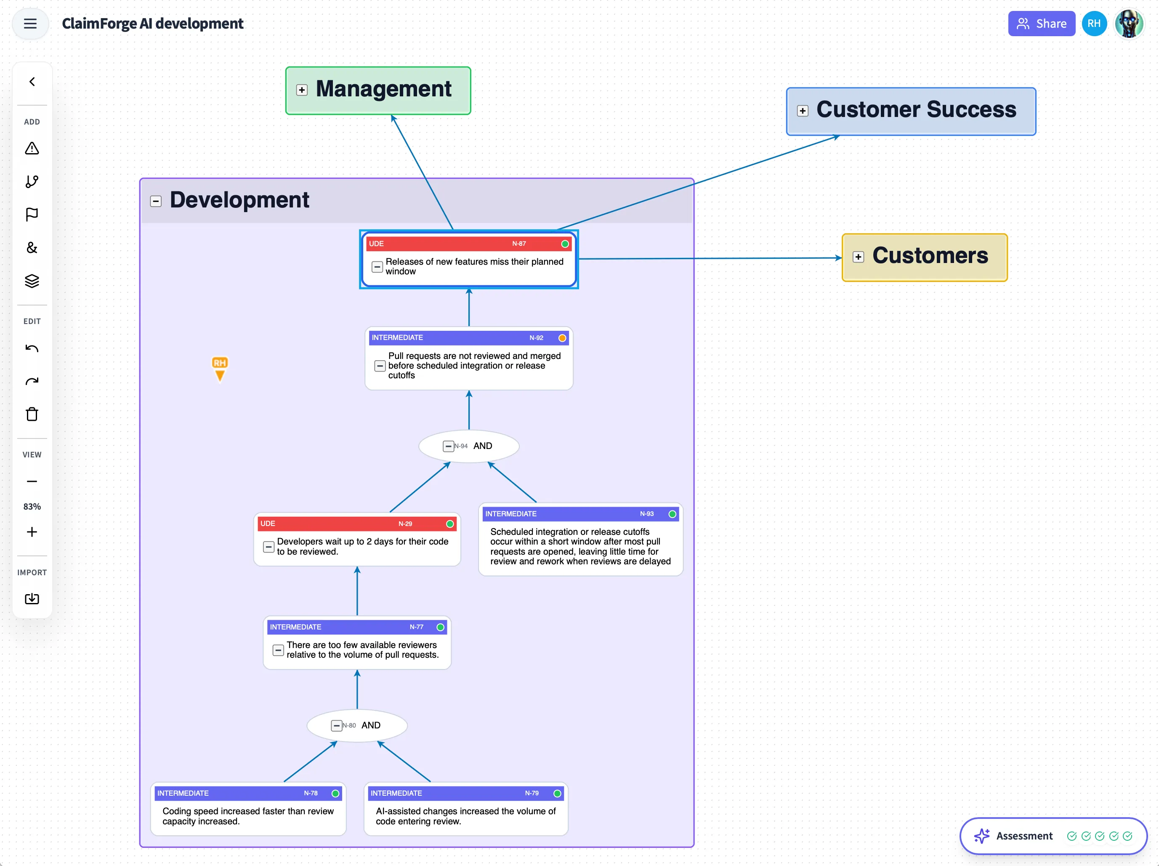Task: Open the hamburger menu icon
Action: pos(30,24)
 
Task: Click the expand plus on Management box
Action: pos(302,90)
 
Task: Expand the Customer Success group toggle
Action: pos(802,111)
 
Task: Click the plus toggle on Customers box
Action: pos(858,257)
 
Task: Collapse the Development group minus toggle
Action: pos(156,201)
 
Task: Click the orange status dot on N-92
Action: pos(562,338)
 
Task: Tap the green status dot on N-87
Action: pos(565,244)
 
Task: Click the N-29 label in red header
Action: pos(405,523)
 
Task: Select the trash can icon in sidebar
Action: pos(32,414)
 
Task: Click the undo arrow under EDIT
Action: pos(32,349)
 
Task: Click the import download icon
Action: pos(32,598)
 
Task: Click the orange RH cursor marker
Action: pos(220,368)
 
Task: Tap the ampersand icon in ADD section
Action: pos(32,247)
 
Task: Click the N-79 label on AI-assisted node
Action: pos(532,793)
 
